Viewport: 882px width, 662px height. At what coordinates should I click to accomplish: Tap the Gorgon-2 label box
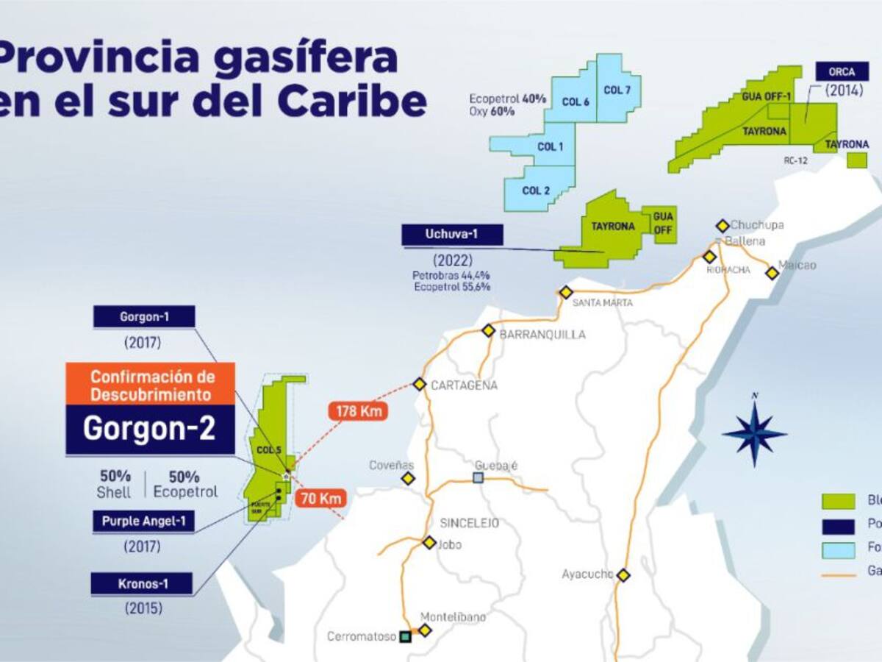click(150, 429)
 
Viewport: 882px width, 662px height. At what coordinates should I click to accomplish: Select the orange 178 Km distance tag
click(359, 411)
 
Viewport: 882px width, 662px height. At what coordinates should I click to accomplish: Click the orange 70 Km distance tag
click(321, 498)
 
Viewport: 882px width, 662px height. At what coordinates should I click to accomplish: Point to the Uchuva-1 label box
click(452, 235)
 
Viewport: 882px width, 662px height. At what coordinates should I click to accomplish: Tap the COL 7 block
click(617, 90)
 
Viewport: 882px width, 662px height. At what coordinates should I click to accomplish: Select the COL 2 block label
click(536, 191)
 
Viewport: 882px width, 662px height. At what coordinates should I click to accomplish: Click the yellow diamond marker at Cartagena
click(420, 384)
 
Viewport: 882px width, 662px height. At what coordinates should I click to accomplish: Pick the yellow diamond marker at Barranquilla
click(489, 330)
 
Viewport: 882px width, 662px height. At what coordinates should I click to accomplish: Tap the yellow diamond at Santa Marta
click(565, 292)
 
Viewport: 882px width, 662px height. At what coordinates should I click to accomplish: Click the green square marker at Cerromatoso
click(404, 637)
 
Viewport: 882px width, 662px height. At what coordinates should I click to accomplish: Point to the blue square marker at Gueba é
click(478, 477)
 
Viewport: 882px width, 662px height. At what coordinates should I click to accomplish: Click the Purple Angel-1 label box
click(143, 522)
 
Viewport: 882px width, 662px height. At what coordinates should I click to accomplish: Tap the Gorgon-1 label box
click(144, 317)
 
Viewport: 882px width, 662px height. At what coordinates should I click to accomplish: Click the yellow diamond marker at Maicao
click(772, 273)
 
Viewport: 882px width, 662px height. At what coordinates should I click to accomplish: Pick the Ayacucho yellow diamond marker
click(623, 575)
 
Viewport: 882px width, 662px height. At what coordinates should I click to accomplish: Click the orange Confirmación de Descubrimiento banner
click(151, 385)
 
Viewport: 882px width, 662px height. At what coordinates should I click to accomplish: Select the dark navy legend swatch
click(838, 526)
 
